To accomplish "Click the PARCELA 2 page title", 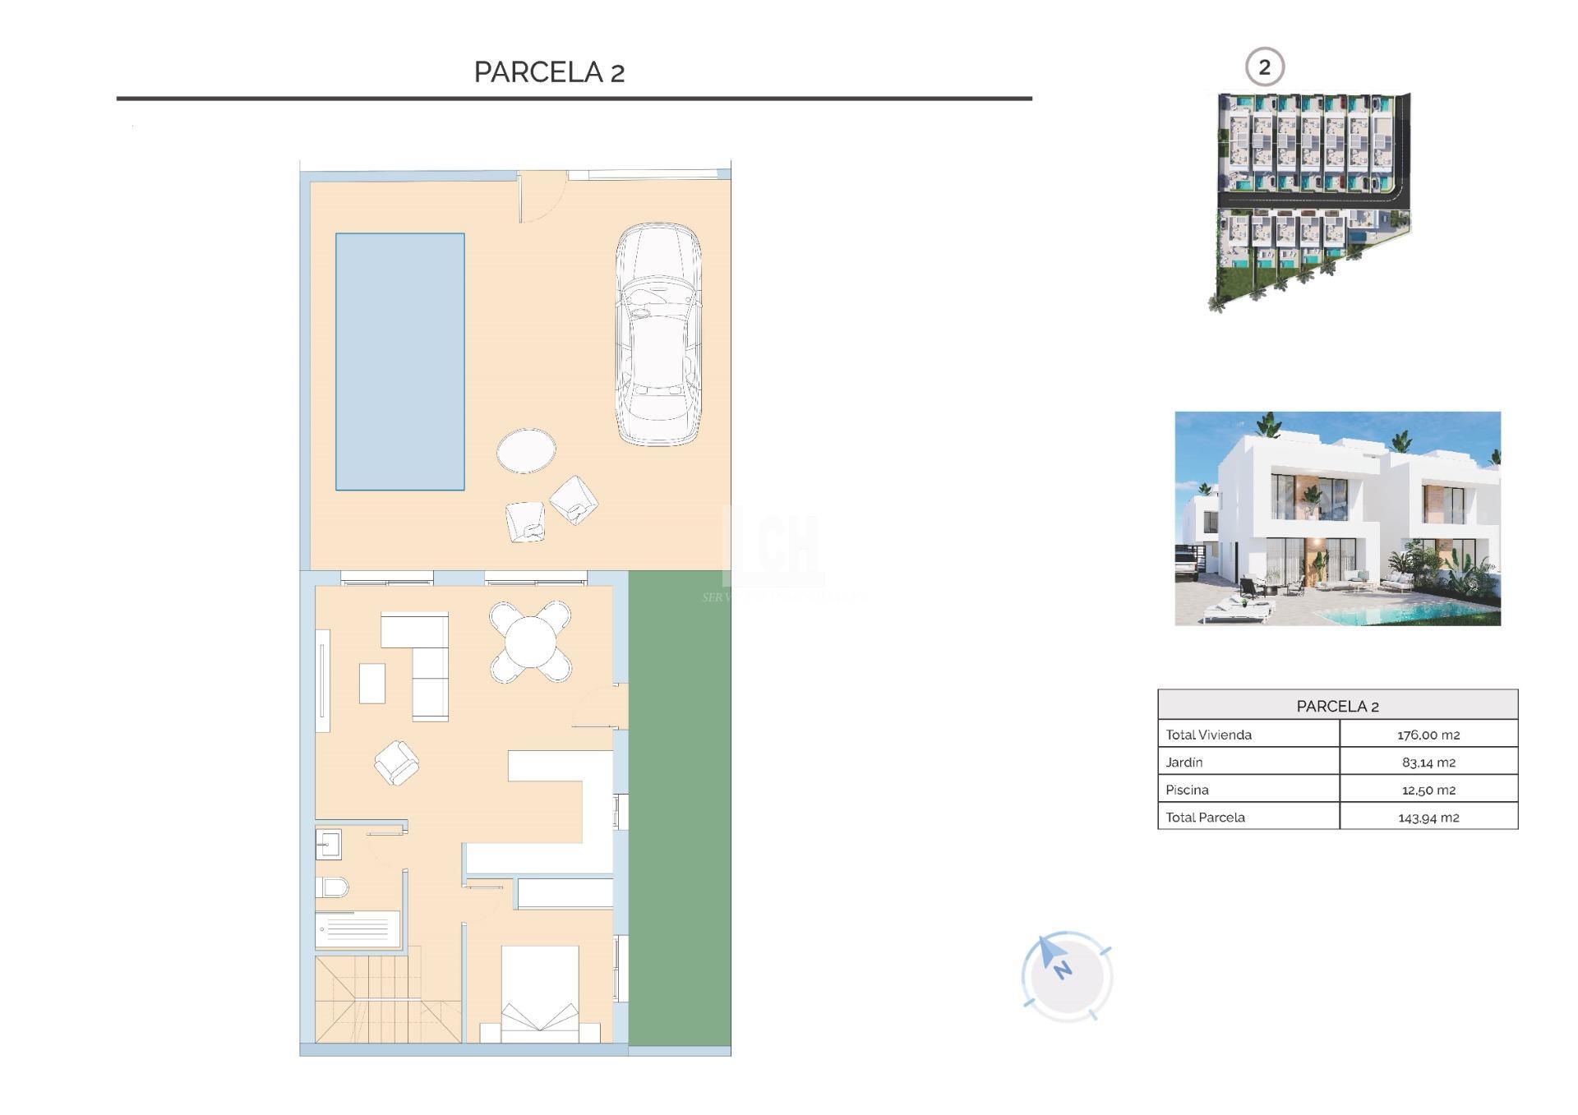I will (x=549, y=72).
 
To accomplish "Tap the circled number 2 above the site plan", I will (x=1264, y=67).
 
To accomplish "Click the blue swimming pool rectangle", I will (x=399, y=362).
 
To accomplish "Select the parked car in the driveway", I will (x=658, y=334).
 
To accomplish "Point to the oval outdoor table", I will (x=526, y=450).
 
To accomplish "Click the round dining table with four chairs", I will (x=530, y=642).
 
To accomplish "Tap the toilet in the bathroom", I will (x=332, y=887).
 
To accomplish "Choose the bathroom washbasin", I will (x=328, y=844).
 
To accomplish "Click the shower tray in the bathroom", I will (x=358, y=929).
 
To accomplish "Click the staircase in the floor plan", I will (x=386, y=998).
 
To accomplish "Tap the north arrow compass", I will (x=1066, y=976).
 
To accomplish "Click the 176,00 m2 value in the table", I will (x=1428, y=735).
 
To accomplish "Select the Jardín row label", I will (x=1183, y=763).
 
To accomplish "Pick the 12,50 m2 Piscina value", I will (x=1428, y=790).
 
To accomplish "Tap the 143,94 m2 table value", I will (x=1428, y=818).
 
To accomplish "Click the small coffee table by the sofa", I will (x=372, y=683).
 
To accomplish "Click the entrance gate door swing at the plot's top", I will (x=541, y=197).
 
